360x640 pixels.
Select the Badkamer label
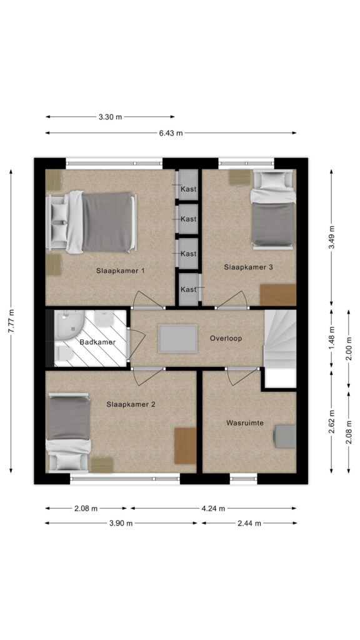pyautogui.click(x=97, y=342)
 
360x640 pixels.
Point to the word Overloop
pyautogui.click(x=226, y=338)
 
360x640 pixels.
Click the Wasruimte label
pyautogui.click(x=245, y=423)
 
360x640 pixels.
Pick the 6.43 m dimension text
pyautogui.click(x=171, y=132)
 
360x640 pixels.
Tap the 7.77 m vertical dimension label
pyautogui.click(x=11, y=321)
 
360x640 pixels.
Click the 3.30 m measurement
pyautogui.click(x=110, y=117)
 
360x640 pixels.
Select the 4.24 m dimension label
pyautogui.click(x=213, y=509)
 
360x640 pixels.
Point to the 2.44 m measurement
pyautogui.click(x=249, y=523)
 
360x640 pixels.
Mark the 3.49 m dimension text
pyautogui.click(x=332, y=237)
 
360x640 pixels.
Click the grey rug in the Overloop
pyautogui.click(x=178, y=338)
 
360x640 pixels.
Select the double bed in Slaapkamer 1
pyautogui.click(x=91, y=222)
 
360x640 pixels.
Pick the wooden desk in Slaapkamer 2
pyautogui.click(x=185, y=446)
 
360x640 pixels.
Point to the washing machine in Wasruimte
pyautogui.click(x=285, y=436)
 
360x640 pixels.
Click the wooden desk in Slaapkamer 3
pyautogui.click(x=278, y=295)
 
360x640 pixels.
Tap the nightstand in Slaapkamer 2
pyautogui.click(x=102, y=465)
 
